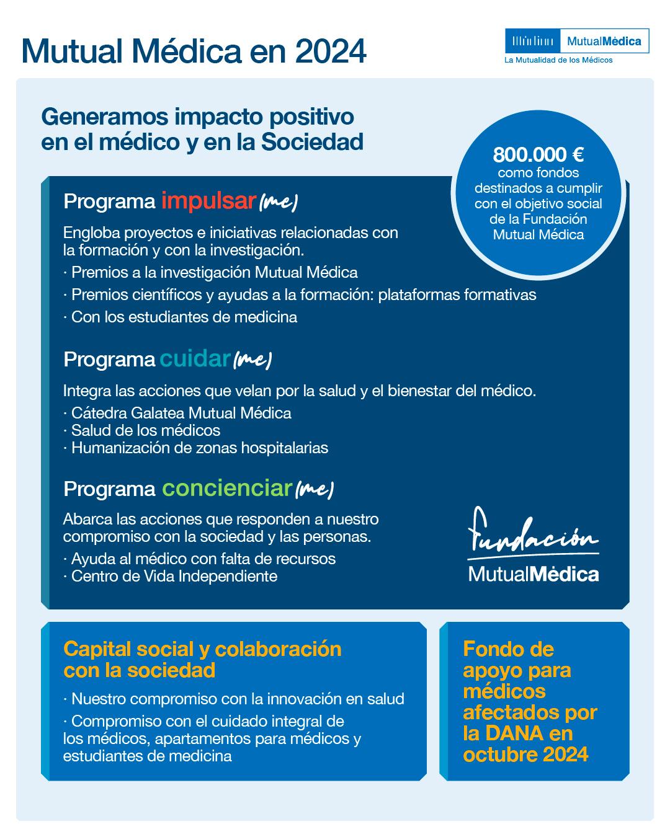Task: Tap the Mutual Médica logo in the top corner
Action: click(577, 42)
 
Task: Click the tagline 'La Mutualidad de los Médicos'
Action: click(558, 60)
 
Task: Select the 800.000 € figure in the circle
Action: click(538, 154)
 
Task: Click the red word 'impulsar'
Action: click(208, 201)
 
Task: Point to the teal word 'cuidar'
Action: click(195, 358)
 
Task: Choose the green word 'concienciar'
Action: click(226, 488)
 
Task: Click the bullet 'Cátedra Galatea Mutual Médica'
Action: click(181, 412)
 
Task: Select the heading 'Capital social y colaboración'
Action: click(202, 649)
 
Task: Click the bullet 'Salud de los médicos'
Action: click(146, 430)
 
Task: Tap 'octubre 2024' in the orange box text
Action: click(525, 755)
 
